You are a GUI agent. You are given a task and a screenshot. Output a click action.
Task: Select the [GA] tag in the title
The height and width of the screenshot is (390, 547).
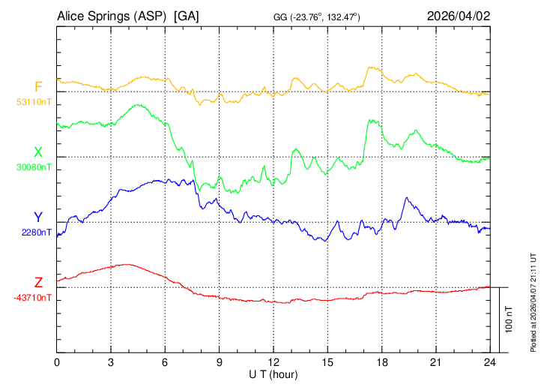click(x=187, y=16)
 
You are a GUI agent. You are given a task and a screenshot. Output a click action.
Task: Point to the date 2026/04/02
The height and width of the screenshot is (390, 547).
click(x=457, y=16)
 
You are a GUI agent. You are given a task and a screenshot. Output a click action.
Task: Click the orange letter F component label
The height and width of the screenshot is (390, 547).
click(x=38, y=86)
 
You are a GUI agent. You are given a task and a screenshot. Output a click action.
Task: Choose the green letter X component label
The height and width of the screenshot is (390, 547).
click(x=38, y=152)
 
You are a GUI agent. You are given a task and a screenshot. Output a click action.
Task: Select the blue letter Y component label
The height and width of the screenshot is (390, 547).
click(x=38, y=217)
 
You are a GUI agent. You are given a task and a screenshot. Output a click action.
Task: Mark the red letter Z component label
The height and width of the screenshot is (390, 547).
click(x=38, y=283)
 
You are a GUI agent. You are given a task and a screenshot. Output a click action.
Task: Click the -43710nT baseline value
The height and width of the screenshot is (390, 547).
click(x=32, y=297)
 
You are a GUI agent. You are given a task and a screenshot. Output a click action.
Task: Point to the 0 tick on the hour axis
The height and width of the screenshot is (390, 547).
click(x=57, y=361)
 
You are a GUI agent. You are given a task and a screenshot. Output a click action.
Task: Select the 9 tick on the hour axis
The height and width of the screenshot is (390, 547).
click(x=220, y=361)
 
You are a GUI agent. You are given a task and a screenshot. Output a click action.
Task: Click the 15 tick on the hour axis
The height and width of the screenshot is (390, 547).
click(x=327, y=361)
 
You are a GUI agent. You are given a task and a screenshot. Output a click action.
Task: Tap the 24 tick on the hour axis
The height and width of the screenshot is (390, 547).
click(x=490, y=361)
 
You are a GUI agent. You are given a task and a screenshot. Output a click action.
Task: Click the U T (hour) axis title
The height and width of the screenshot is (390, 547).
click(x=273, y=373)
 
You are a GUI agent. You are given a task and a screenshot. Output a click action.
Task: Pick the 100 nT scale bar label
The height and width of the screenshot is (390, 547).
click(x=510, y=319)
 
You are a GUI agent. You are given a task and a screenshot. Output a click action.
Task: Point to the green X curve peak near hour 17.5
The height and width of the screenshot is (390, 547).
click(x=369, y=120)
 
